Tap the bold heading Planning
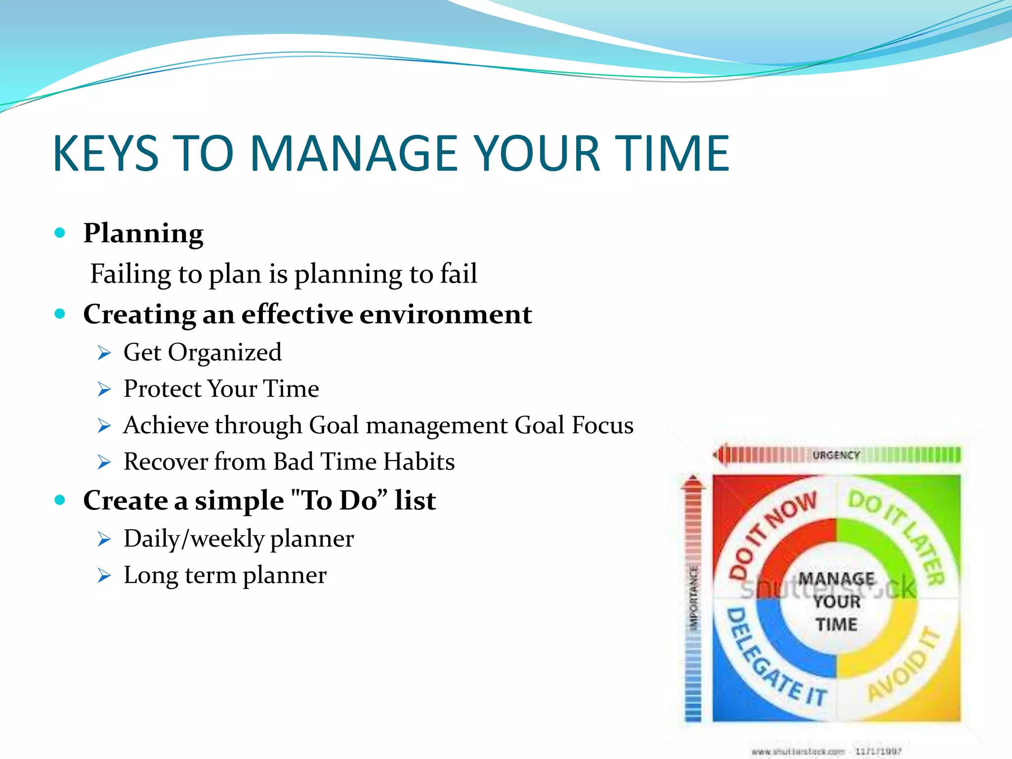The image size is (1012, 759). click(143, 233)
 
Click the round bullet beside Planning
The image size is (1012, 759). click(60, 232)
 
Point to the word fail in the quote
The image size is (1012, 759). click(459, 274)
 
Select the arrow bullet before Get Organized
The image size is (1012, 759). click(104, 353)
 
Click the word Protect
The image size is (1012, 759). click(163, 389)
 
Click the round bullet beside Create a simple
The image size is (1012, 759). click(60, 500)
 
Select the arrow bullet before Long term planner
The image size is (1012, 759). click(104, 575)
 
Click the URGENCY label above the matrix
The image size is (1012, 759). click(836, 455)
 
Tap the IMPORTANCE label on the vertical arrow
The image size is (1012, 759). click(694, 598)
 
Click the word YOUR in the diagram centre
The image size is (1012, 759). click(837, 602)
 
